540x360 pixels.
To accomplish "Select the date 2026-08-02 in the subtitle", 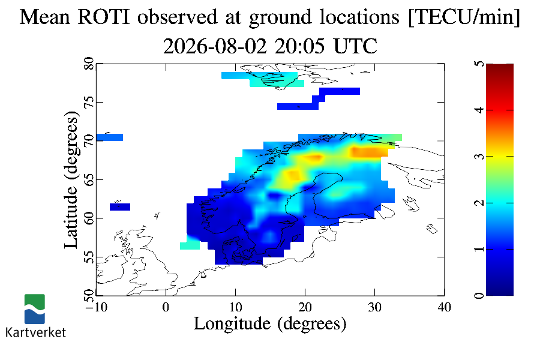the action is (215, 46).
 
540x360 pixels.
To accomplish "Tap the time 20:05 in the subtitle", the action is (299, 46).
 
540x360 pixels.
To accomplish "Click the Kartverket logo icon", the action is (34, 309).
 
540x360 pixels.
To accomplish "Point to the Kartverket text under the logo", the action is (35, 332).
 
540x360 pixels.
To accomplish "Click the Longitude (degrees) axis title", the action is (270, 324).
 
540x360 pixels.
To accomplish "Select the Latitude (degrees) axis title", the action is (71, 179).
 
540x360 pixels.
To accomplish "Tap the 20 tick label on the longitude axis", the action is (305, 307).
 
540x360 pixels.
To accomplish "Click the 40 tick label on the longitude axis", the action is (444, 307).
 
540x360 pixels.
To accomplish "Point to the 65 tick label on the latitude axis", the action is (89, 179).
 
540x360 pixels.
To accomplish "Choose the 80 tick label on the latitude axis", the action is (89, 64).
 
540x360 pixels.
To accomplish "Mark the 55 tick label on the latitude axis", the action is (89, 257).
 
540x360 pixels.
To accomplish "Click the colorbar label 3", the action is (479, 157).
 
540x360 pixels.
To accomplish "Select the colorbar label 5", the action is (479, 64).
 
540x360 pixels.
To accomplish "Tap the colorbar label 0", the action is (479, 295).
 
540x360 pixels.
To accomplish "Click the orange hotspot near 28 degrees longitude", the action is (367, 152).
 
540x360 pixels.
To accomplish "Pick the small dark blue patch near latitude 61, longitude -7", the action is (120, 206).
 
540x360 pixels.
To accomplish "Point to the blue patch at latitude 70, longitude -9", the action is (110, 137).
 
